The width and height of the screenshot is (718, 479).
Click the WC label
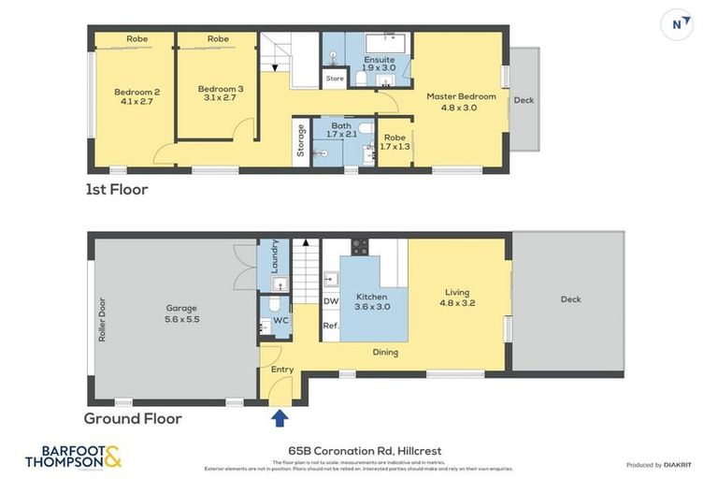pos(280,320)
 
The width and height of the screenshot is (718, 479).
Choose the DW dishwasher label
pos(330,301)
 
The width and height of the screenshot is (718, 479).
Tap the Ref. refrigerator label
pos(330,326)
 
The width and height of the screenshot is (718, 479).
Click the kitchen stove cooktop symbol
pos(360,247)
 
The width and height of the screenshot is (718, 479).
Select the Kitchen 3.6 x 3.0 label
pos(372,301)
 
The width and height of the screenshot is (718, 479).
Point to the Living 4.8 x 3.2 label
pos(457,297)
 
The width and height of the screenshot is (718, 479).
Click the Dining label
pos(385,353)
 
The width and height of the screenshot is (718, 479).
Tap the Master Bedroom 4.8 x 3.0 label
pos(460,101)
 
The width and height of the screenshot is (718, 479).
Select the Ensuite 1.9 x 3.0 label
pos(379,64)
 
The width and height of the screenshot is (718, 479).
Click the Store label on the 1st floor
pos(335,79)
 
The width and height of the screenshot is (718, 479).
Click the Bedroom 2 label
pos(137,96)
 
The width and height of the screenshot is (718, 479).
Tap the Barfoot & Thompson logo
pos(73,457)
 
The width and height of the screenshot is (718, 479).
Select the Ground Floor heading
pos(133,418)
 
